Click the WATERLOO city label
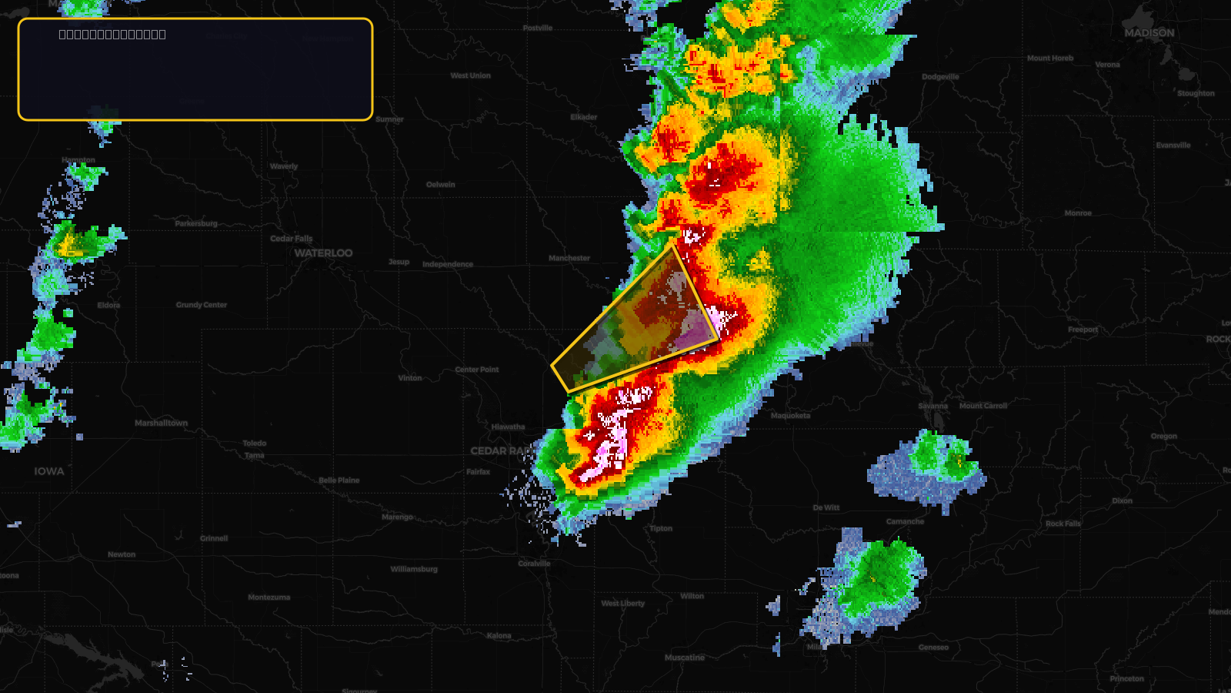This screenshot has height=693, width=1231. coord(323,253)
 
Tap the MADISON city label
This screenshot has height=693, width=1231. coord(1149,33)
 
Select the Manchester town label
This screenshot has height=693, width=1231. coord(569,258)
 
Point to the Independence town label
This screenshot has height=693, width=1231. coord(448,264)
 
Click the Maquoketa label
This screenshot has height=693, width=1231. coord(790,416)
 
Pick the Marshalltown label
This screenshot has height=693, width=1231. coord(161,423)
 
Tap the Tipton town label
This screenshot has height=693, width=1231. coord(660,528)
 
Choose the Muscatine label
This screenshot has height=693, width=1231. coord(685,658)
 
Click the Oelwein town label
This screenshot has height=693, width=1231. coord(441,185)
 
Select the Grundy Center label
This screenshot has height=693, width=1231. coord(202,305)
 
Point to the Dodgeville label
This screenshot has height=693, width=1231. coord(940,77)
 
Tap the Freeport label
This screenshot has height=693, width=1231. coord(1083,330)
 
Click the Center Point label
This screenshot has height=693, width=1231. coord(477,370)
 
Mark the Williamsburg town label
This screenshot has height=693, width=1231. coord(414,569)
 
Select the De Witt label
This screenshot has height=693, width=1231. coord(826,507)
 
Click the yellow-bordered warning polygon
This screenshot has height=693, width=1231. coord(639,323)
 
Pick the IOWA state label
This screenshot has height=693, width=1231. coord(49,471)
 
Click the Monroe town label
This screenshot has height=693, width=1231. coord(1078,213)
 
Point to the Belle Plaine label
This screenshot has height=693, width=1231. coord(339,480)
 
